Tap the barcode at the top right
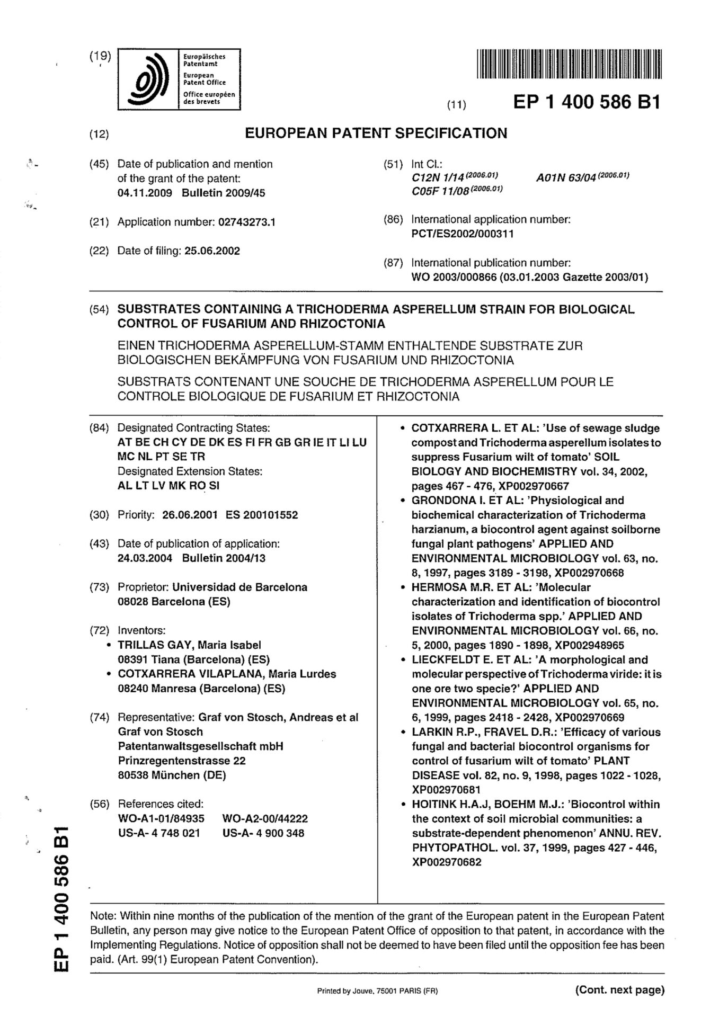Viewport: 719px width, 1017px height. (570, 64)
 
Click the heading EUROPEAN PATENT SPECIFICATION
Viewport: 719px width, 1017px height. (376, 133)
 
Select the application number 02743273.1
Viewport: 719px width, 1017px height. (247, 222)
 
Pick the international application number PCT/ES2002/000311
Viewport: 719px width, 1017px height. (463, 234)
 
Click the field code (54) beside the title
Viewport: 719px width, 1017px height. (99, 310)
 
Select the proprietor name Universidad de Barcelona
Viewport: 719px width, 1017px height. (240, 587)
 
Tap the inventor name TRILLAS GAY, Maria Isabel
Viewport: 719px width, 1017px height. (189, 645)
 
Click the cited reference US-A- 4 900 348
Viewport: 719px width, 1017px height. (263, 833)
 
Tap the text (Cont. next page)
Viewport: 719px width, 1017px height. (619, 989)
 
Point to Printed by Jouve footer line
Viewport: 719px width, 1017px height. (377, 991)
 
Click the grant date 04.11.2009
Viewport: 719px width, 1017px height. (145, 193)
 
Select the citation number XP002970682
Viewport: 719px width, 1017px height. (447, 862)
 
